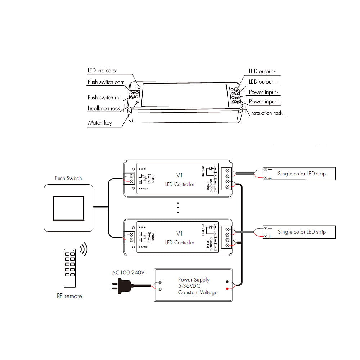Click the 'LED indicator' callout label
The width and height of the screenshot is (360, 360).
tap(103, 71)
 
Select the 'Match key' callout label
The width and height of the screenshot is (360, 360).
tap(100, 123)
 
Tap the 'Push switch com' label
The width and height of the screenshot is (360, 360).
tap(106, 82)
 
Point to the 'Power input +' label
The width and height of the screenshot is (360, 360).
tap(265, 102)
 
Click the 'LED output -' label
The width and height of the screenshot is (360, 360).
tap(262, 71)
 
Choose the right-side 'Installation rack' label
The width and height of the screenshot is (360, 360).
tap(266, 113)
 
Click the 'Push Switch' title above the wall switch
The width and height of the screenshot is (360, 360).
tap(68, 178)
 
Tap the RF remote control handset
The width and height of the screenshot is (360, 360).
tap(70, 268)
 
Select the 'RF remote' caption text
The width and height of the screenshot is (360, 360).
tap(69, 296)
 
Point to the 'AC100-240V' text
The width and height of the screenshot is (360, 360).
tap(128, 273)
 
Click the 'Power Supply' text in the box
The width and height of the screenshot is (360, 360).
tap(194, 280)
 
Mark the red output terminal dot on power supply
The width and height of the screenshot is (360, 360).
tap(227, 289)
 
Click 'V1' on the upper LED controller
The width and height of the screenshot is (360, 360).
tap(179, 175)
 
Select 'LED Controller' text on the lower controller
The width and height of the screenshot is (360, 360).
tap(179, 243)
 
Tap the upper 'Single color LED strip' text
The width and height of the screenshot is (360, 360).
tap(301, 174)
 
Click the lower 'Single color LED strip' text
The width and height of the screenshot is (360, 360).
tap(301, 232)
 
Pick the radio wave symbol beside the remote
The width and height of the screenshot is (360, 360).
tap(84, 249)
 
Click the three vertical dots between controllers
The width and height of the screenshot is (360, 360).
tap(178, 208)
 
